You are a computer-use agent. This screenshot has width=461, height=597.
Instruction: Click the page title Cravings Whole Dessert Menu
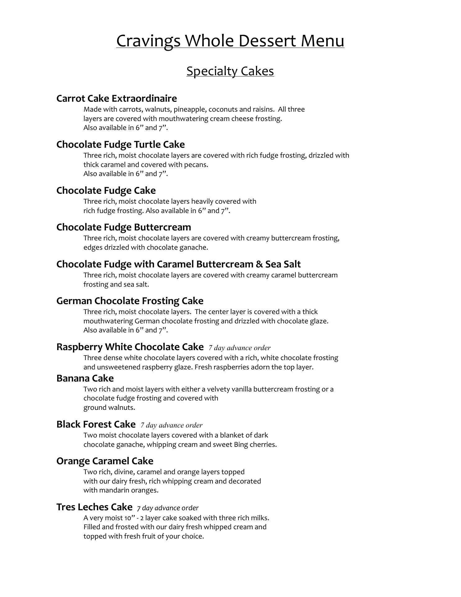[230, 41]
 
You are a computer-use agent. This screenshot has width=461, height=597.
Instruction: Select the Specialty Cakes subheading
[230, 71]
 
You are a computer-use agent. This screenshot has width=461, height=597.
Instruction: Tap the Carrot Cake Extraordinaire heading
[116, 99]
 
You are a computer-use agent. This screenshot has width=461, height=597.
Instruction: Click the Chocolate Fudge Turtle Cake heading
[121, 145]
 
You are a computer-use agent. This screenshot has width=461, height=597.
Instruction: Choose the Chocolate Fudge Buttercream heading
[124, 227]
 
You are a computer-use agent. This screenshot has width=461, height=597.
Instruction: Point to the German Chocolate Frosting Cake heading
[130, 301]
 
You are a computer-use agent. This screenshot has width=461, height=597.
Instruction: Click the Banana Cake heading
[85, 378]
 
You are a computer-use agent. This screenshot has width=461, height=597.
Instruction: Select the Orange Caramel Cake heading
[105, 461]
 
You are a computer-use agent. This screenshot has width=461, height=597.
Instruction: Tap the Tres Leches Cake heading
[94, 507]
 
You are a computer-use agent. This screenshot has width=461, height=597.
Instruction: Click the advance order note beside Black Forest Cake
[171, 425]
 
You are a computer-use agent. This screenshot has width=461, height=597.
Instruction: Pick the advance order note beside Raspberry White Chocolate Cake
[240, 348]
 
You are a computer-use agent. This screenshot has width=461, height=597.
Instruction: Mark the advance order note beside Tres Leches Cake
[168, 508]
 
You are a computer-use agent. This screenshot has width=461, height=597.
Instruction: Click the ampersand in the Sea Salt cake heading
[259, 264]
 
